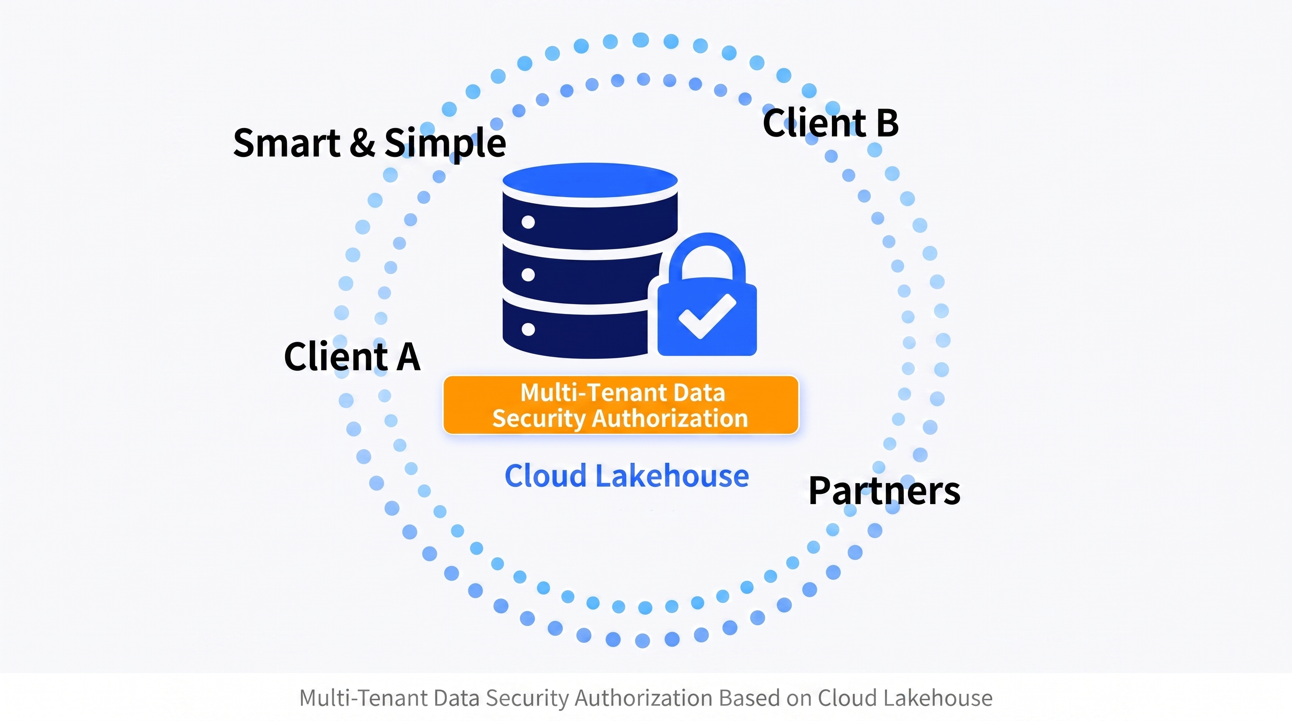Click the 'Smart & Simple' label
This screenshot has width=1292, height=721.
(x=369, y=143)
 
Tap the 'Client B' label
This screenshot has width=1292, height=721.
(x=831, y=123)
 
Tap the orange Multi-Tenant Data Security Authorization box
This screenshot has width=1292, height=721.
(x=621, y=405)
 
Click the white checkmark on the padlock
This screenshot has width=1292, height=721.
(x=707, y=315)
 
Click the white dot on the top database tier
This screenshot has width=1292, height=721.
(x=528, y=222)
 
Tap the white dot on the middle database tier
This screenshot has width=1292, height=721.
(x=528, y=275)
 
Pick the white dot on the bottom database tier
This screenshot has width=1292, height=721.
(x=528, y=330)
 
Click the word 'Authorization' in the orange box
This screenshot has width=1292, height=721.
(x=670, y=418)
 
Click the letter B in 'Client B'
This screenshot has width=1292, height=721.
(x=887, y=123)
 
